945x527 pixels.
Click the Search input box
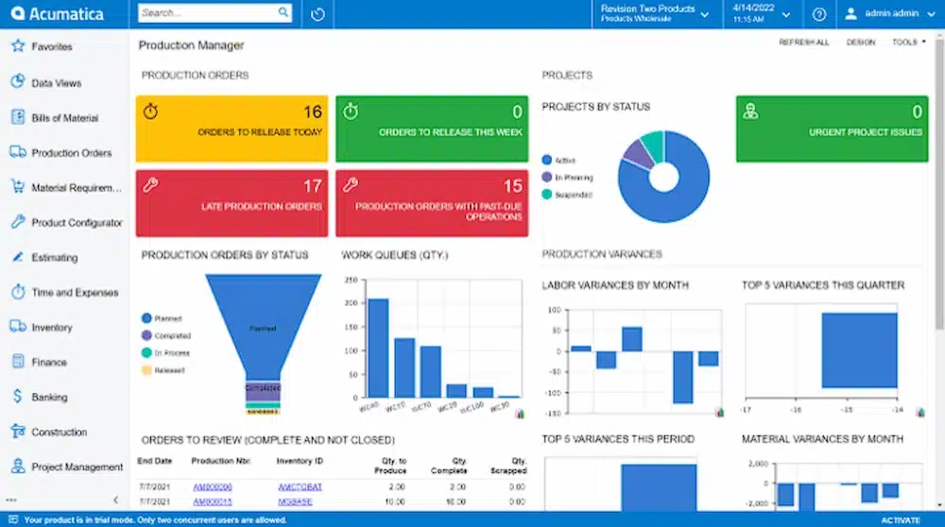pos(208,13)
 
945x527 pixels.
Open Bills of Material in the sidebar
pos(64,118)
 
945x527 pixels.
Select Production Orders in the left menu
pos(71,153)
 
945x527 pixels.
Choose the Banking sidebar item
pos(49,398)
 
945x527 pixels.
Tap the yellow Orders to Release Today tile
pos(232,127)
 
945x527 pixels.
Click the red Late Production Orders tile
pos(232,202)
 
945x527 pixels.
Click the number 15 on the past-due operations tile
pos(512,186)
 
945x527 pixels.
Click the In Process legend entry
pos(172,352)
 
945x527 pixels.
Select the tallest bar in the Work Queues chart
pos(378,347)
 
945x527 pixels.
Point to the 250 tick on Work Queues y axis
pos(351,280)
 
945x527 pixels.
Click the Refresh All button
pos(803,42)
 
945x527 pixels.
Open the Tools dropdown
pos(908,42)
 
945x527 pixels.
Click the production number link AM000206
pos(213,487)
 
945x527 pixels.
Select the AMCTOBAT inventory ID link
pos(300,487)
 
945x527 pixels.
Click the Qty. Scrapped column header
pos(507,466)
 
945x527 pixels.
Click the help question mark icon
pos(819,14)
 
